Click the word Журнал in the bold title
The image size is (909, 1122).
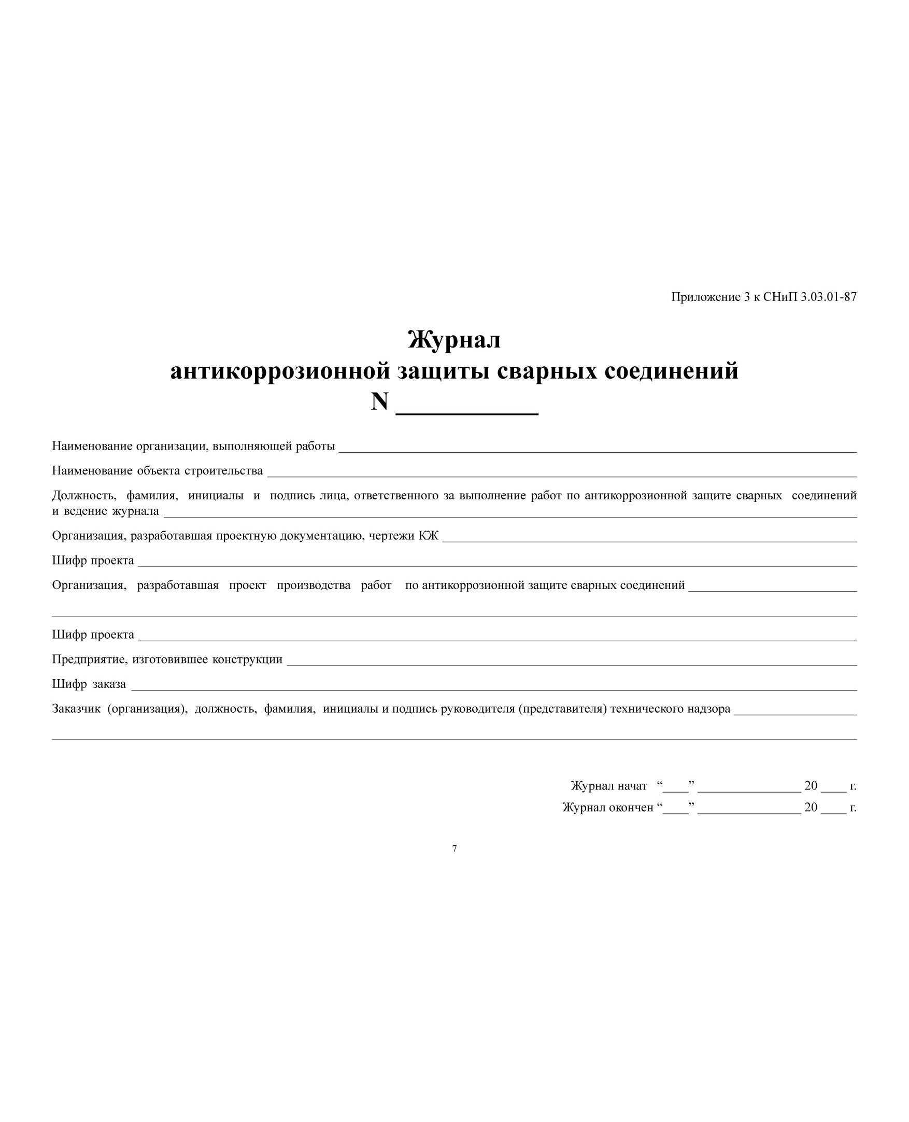pyautogui.click(x=454, y=340)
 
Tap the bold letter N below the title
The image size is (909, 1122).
pyautogui.click(x=380, y=402)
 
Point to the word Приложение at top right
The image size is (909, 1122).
pyautogui.click(x=705, y=297)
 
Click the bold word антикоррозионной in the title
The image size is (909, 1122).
pyautogui.click(x=280, y=371)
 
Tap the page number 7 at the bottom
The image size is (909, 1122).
pyautogui.click(x=454, y=848)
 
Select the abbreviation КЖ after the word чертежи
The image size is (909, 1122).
pyautogui.click(x=428, y=535)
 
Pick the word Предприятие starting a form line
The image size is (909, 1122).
pyautogui.click(x=89, y=659)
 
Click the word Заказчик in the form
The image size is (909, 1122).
pyautogui.click(x=76, y=709)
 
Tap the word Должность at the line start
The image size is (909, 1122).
pyautogui.click(x=84, y=495)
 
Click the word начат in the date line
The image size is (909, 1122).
pyautogui.click(x=632, y=785)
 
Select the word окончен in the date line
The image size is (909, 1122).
pyautogui.click(x=632, y=807)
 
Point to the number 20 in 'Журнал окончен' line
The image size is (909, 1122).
pyautogui.click(x=811, y=807)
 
